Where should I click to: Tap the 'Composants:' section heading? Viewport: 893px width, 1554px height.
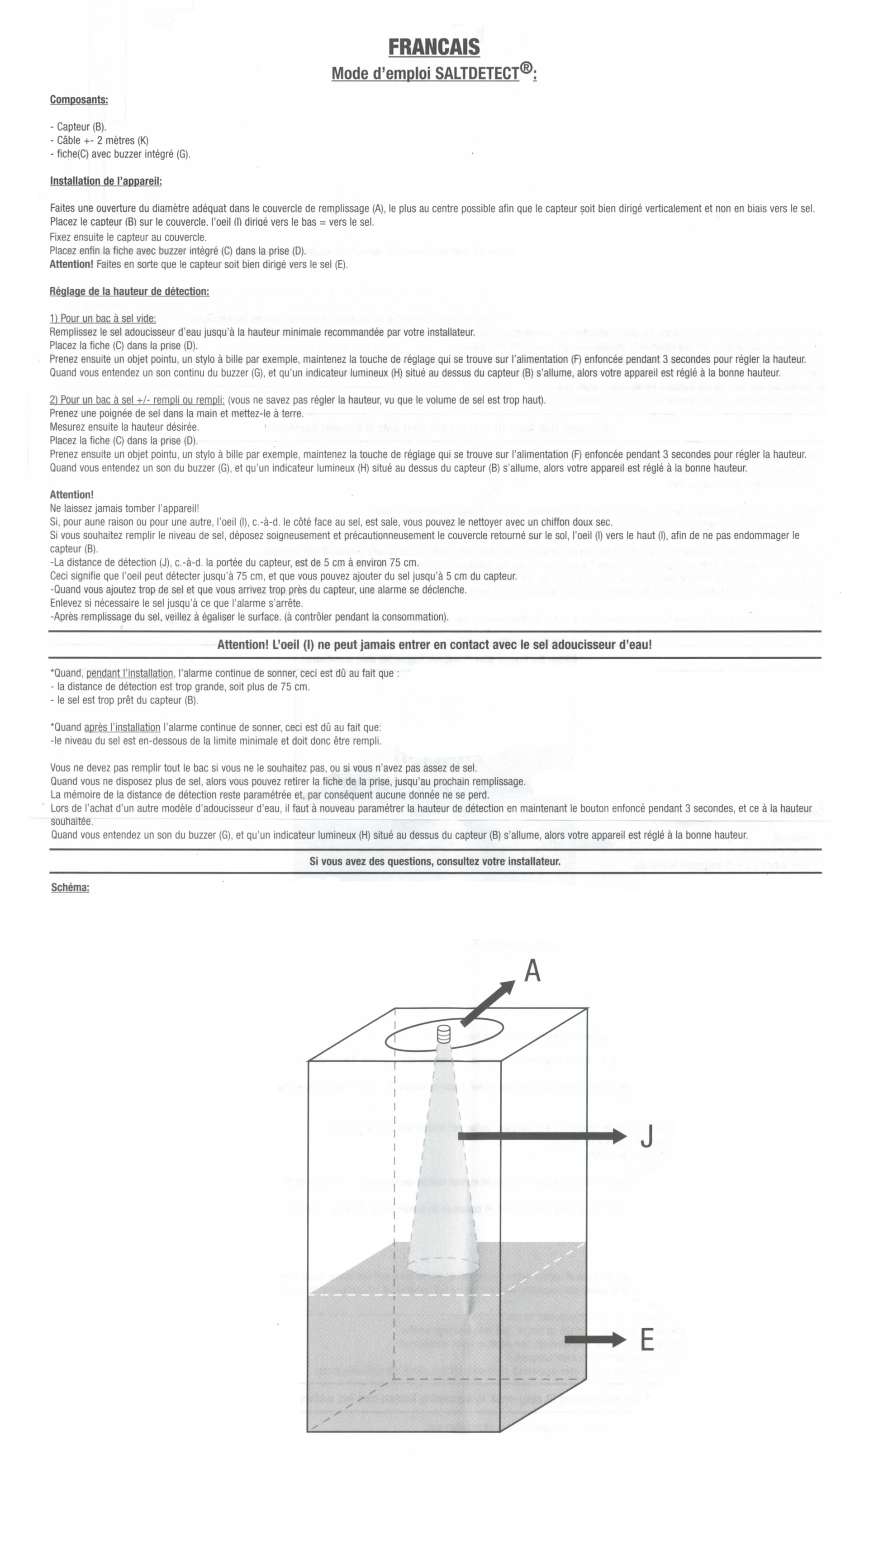(x=79, y=100)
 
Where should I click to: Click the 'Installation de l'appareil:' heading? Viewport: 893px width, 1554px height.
(x=105, y=181)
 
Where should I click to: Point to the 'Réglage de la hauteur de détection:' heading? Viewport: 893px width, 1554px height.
(x=129, y=291)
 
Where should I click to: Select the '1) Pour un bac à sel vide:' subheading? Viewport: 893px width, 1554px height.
(x=102, y=319)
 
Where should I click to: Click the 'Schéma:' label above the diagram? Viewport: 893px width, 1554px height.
(x=70, y=888)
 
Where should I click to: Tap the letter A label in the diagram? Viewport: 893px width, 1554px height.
(x=532, y=971)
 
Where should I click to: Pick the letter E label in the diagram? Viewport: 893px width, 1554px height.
(x=646, y=1340)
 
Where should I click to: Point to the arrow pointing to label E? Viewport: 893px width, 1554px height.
(x=595, y=1340)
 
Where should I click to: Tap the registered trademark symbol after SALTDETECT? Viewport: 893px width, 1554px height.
(x=526, y=69)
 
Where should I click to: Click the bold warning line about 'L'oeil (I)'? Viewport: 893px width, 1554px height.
(x=434, y=645)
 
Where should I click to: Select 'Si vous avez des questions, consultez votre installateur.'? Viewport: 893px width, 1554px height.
(x=435, y=862)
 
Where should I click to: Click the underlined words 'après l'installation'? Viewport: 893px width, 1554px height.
(x=122, y=727)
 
